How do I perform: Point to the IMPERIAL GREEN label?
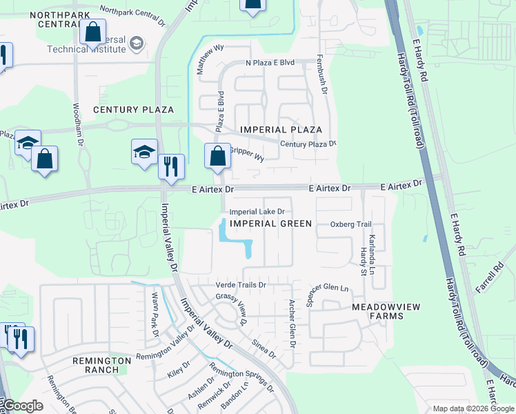[270, 224]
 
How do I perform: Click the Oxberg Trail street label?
[350, 224]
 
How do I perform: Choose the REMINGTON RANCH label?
[102, 365]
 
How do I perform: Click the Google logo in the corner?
[23, 406]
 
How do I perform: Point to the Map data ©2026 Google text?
[473, 408]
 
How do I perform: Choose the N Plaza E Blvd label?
[270, 63]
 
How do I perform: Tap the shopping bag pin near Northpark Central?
[92, 31]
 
